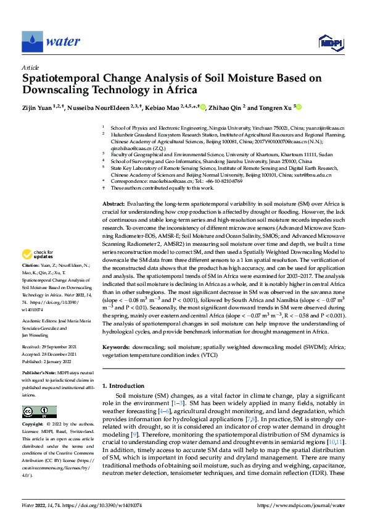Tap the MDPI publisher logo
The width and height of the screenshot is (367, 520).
330,42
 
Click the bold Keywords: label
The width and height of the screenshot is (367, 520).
117,348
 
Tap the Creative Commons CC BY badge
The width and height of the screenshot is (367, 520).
39,411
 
